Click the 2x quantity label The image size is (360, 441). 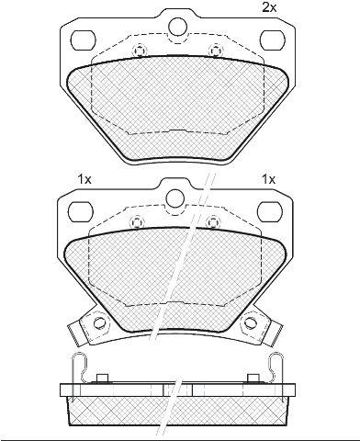pyautogui.click(x=269, y=7)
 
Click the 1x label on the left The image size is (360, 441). pyautogui.click(x=84, y=179)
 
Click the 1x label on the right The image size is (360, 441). pyautogui.click(x=268, y=179)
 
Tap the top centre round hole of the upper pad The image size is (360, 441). pyautogui.click(x=178, y=26)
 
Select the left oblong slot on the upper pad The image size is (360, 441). pyautogui.click(x=84, y=40)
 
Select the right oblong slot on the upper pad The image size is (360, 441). pyautogui.click(x=273, y=40)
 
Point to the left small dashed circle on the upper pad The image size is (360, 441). pyautogui.click(x=140, y=51)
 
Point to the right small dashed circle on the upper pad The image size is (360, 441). pyautogui.click(x=216, y=51)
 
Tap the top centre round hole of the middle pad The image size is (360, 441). pyautogui.click(x=175, y=198)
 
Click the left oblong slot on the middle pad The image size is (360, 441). pyautogui.click(x=80, y=211)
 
